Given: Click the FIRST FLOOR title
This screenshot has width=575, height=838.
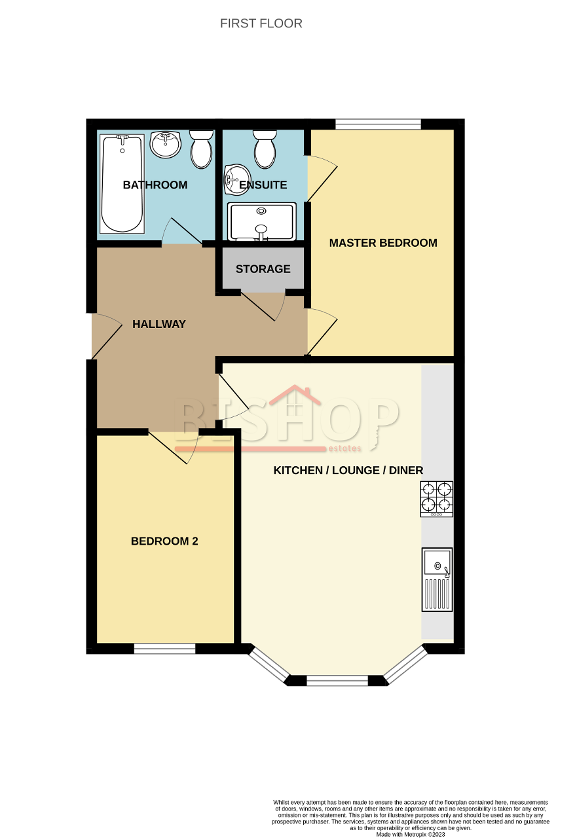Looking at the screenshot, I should [261, 24].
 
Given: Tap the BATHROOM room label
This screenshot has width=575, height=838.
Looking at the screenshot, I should [155, 185].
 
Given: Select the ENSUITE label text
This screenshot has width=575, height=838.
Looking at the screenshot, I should [263, 185].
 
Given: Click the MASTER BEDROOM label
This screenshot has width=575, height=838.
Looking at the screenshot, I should [383, 243].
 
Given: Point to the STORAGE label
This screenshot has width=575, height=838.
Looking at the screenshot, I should [263, 269].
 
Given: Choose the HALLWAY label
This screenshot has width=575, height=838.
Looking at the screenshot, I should [159, 324].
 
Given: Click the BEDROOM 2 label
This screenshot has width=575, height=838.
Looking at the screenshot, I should [164, 541].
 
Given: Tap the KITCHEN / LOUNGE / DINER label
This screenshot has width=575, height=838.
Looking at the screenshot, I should [348, 471].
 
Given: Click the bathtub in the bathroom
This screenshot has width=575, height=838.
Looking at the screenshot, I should [122, 183].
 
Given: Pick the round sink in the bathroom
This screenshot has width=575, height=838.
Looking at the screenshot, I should [166, 144].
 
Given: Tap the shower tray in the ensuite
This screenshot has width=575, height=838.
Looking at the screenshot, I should [262, 221].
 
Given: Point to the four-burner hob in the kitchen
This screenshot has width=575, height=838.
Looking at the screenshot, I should [436, 498].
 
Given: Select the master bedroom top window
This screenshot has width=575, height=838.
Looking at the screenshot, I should [378, 124].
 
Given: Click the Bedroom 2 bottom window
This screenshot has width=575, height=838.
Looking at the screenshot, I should [164, 649].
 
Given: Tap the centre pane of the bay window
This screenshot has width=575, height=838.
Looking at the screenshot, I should [337, 681].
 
